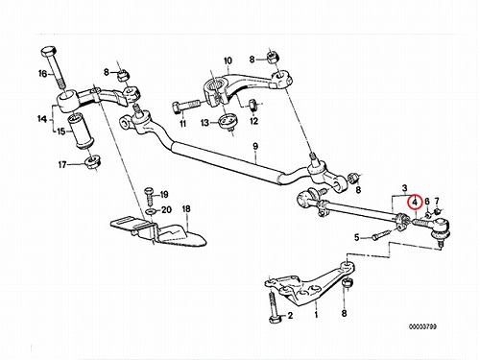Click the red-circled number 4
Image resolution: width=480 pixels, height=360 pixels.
point(415,203)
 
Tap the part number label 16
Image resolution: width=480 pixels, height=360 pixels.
point(42,74)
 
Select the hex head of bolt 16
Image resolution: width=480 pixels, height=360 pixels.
point(49,51)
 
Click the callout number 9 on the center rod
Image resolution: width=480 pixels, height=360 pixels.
point(255,146)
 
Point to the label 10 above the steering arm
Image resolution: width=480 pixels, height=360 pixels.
point(228,60)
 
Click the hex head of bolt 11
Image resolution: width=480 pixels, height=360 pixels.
point(177,108)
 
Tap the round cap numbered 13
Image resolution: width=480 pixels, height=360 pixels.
point(228,122)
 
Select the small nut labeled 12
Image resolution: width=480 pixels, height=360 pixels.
point(252,105)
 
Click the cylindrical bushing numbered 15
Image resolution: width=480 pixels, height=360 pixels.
point(81,131)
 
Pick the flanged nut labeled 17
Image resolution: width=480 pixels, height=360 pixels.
point(93,161)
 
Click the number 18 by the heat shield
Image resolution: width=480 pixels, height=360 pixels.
point(186,209)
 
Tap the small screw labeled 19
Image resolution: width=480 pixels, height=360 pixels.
point(149,195)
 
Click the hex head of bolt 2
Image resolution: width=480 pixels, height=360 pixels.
point(274,320)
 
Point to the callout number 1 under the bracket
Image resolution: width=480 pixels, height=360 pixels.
point(316,315)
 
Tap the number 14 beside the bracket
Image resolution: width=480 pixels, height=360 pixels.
point(42,119)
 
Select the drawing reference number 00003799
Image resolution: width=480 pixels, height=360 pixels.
point(422,326)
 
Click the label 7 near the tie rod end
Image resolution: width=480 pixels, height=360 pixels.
point(437,202)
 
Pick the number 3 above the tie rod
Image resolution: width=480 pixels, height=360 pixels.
point(404,188)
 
